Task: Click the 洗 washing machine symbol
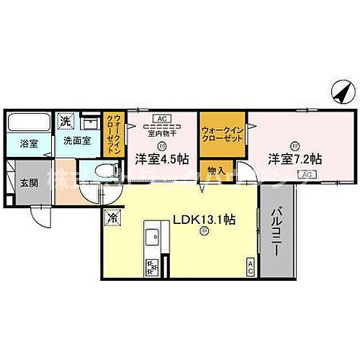[64, 121]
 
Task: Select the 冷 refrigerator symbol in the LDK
[113, 215]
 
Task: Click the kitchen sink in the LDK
[153, 235]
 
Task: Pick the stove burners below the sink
[153, 266]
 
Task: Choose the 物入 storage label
[215, 171]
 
